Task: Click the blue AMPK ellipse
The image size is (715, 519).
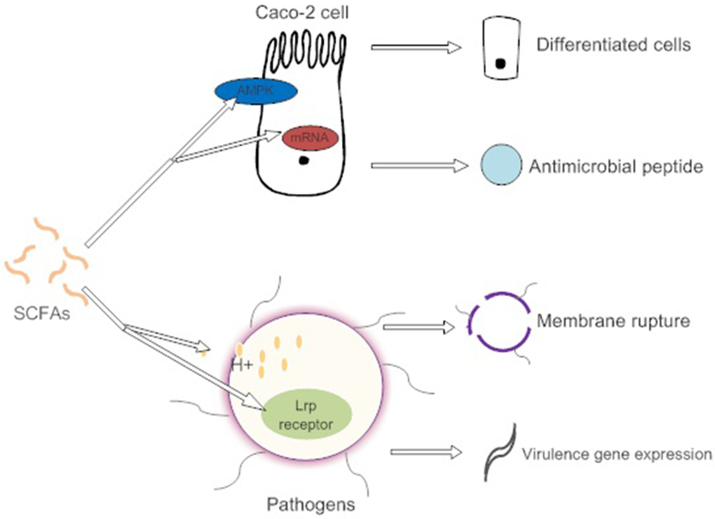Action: [255, 91]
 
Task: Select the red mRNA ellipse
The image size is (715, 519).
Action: [309, 138]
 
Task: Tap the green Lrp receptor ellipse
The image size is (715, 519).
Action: [306, 415]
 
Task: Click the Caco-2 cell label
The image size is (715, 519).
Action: [302, 13]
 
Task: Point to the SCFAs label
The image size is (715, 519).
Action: [42, 313]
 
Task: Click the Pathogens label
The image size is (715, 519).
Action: [311, 504]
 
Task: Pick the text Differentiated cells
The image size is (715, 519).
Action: [613, 45]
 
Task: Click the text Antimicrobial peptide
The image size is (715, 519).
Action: [616, 166]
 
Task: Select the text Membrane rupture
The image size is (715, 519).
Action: [613, 321]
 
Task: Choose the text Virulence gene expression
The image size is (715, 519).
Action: [616, 454]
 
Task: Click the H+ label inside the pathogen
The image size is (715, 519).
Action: [242, 365]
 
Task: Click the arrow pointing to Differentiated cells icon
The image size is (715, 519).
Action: [415, 47]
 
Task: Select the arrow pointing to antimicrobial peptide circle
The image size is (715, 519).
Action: [419, 166]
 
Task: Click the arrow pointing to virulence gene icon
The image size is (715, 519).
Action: [426, 452]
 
